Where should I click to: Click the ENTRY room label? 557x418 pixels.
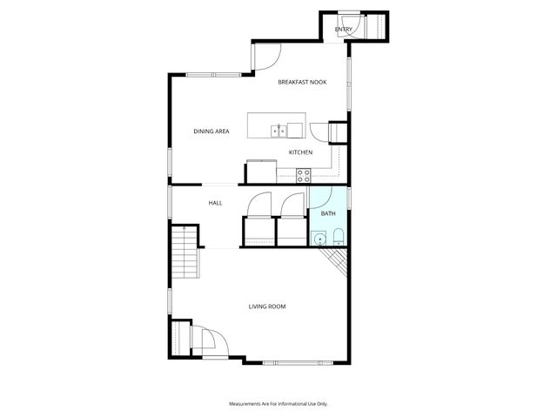[344, 30]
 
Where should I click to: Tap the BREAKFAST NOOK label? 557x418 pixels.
[302, 82]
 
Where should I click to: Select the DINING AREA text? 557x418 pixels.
[211, 131]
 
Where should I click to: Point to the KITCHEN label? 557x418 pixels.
[301, 152]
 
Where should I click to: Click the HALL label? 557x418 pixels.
[215, 203]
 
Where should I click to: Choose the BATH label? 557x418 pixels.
[328, 213]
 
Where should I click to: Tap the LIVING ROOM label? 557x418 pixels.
[267, 307]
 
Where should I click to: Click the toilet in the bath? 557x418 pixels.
[338, 237]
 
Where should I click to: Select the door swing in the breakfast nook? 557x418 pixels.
[265, 57]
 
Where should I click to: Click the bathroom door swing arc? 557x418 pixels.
[319, 196]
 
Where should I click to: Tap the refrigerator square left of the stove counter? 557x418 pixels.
[260, 171]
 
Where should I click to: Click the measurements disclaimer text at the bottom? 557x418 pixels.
[278, 404]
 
